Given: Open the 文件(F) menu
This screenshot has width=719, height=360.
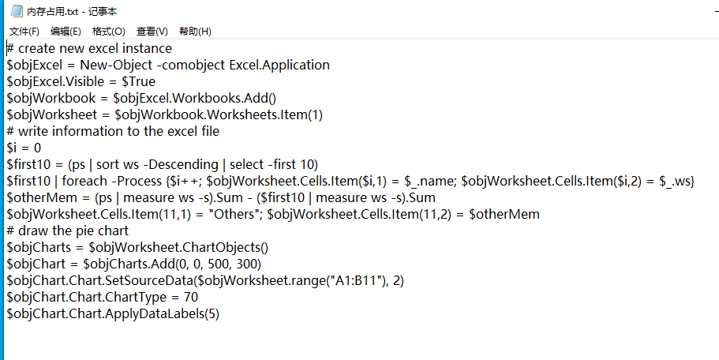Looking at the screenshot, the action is (24, 32).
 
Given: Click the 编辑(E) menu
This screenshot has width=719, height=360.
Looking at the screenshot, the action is (66, 32).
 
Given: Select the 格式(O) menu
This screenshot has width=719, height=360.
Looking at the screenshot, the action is (108, 32).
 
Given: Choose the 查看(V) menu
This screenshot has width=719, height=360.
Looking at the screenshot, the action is (152, 32).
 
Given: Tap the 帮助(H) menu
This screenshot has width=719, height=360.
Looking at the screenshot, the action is (195, 32).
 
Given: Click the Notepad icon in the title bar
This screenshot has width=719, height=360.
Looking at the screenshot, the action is (17, 10).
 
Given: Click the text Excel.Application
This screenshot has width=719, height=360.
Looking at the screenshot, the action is (279, 65).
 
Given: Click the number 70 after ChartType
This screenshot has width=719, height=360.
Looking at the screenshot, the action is (191, 297).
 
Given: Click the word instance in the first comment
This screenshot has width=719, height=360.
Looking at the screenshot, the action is (147, 49).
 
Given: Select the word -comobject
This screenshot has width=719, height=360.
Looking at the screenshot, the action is (191, 65).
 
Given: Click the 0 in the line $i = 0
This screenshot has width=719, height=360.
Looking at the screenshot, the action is (37, 148).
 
